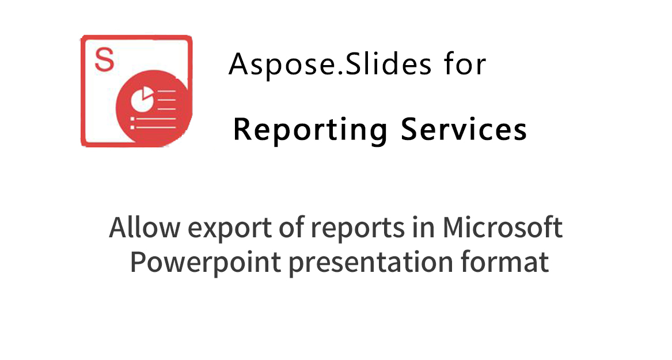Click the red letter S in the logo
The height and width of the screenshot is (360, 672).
tap(104, 59)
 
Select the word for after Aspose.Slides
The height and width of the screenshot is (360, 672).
tap(465, 64)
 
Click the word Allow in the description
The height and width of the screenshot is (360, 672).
tap(145, 227)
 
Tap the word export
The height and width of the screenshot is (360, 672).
tap(229, 229)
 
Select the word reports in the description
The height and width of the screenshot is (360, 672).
tap(358, 229)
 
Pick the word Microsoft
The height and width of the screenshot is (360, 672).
tap(502, 227)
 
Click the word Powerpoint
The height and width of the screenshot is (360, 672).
tap(206, 262)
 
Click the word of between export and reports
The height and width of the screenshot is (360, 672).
tap(291, 227)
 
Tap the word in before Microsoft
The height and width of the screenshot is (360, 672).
tap(423, 227)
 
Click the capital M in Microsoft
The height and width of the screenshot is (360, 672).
tap(455, 227)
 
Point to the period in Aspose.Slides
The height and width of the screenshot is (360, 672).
tap(339, 74)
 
